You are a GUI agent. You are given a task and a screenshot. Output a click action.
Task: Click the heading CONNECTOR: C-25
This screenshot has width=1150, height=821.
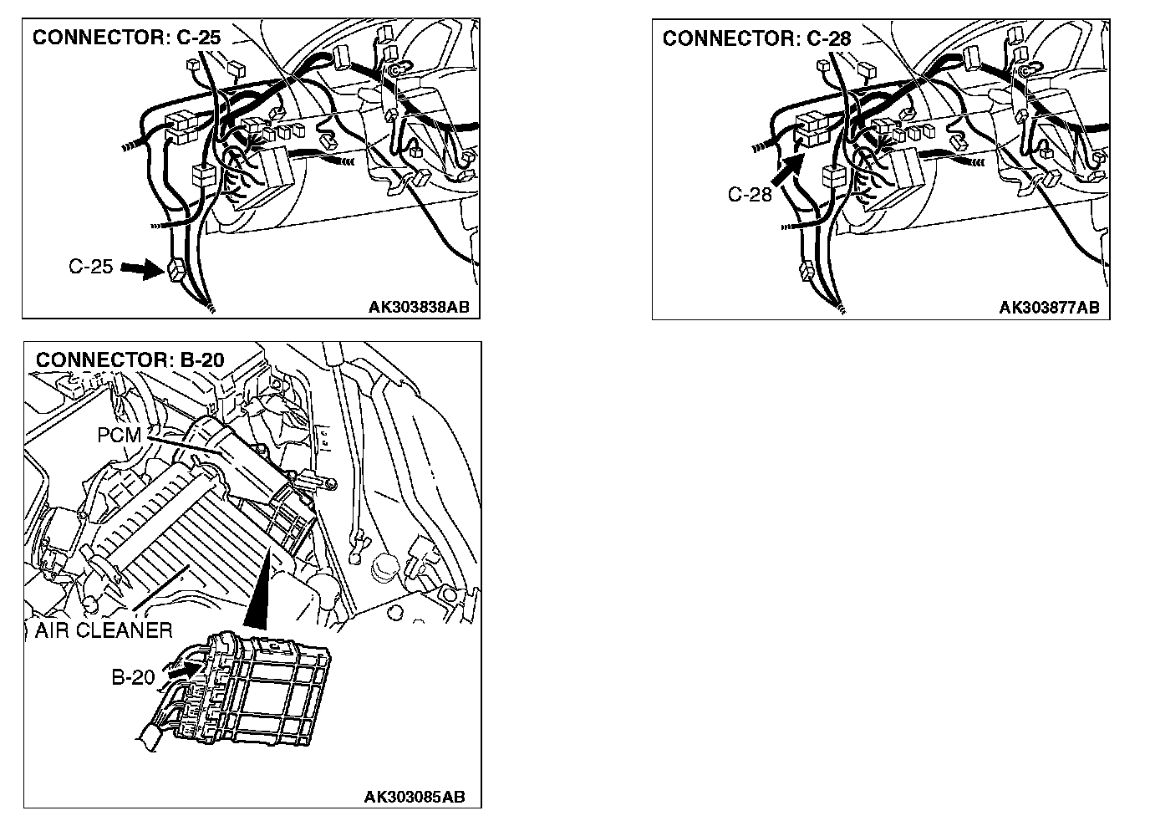[126, 38]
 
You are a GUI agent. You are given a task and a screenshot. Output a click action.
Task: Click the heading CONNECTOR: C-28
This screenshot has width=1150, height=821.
[756, 38]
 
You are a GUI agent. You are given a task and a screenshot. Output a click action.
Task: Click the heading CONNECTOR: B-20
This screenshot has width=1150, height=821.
[130, 360]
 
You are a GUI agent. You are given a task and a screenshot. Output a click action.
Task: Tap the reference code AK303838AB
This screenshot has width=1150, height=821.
[419, 307]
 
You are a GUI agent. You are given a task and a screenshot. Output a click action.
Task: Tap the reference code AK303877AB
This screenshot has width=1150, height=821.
[1049, 307]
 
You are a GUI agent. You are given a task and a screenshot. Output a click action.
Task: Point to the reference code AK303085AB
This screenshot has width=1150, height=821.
[415, 796]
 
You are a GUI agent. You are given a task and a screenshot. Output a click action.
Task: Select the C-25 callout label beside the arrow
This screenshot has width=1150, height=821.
[90, 268]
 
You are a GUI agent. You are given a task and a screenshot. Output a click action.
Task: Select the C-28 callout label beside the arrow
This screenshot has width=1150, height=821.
[750, 196]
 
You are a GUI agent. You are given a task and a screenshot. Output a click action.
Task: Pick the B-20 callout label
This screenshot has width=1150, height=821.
[134, 676]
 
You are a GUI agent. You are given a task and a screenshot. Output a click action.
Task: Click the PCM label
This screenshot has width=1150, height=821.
[119, 436]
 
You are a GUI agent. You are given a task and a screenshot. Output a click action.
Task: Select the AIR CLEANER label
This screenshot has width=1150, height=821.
[104, 630]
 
